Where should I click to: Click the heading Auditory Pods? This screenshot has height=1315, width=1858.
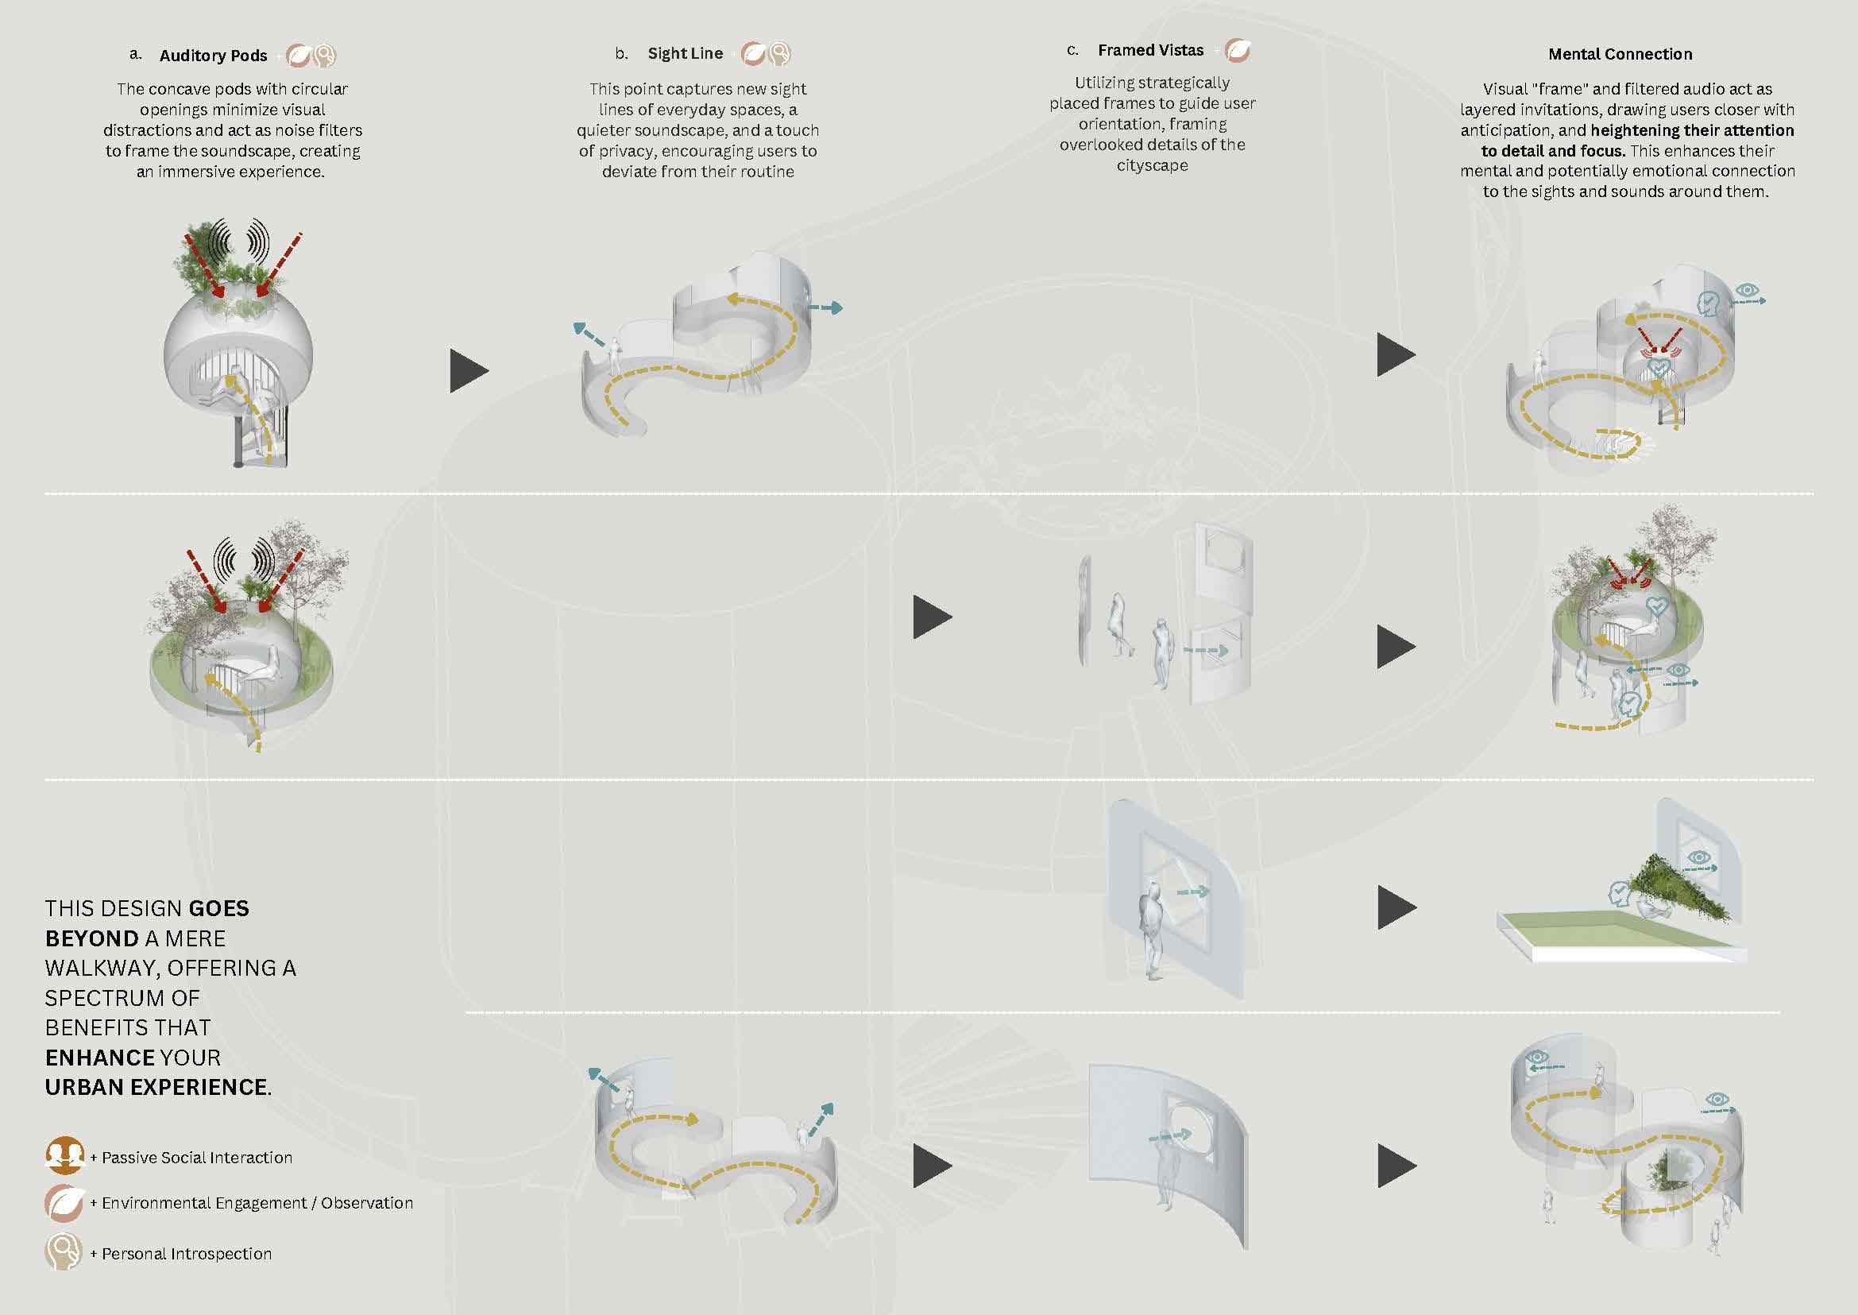[x=213, y=55]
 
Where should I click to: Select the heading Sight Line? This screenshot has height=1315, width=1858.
[x=685, y=53]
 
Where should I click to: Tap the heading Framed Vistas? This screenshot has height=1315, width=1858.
[x=1150, y=50]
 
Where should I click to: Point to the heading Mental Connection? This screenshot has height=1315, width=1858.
[x=1620, y=54]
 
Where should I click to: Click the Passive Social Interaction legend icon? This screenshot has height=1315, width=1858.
[x=65, y=1156]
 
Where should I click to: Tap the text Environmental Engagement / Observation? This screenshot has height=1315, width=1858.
[x=257, y=1203]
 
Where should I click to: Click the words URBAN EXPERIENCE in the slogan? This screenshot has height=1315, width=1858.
[x=156, y=1087]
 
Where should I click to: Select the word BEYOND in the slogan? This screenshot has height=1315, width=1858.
[x=91, y=938]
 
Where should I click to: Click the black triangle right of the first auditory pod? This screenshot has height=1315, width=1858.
[x=469, y=371]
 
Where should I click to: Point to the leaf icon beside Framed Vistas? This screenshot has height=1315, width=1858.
[x=1237, y=51]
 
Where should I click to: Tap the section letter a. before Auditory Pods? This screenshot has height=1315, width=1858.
[x=135, y=54]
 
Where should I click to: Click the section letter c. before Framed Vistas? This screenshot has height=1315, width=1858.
[x=1072, y=50]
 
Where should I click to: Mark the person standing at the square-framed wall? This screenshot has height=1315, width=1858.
[x=1153, y=931]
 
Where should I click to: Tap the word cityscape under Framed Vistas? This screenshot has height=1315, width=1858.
[x=1152, y=165]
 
